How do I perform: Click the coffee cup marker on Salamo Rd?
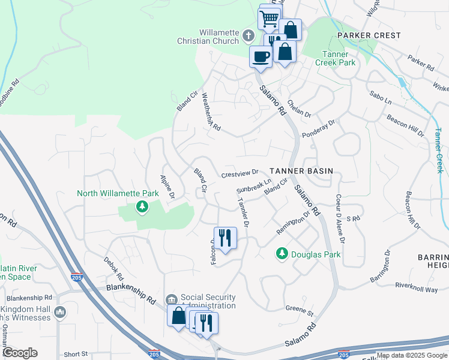tap(261, 56)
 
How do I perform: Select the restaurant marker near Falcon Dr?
tap(225, 237)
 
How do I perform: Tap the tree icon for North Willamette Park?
tap(142, 208)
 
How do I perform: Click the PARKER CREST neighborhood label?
tap(369, 35)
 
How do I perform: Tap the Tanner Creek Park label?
tap(336, 58)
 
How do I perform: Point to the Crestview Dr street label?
tap(239, 173)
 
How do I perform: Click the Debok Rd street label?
tap(112, 270)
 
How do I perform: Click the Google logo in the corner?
tap(20, 353)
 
